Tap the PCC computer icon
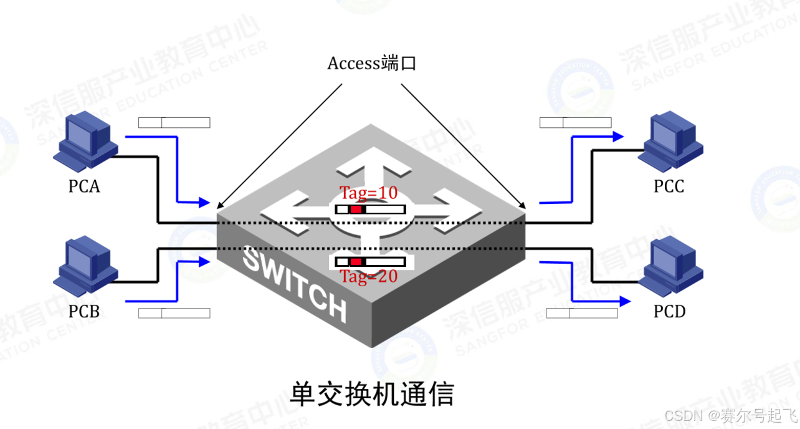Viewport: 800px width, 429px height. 669,142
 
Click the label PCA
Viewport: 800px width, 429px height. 84,186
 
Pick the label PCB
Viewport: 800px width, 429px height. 84,311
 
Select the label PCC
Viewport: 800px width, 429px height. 669,186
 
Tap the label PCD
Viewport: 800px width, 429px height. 670,311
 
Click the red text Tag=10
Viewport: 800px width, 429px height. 368,193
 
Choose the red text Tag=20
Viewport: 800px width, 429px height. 368,277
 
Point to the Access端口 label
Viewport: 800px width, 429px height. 371,64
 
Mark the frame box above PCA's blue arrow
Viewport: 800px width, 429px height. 174,122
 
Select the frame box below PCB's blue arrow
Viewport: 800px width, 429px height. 174,313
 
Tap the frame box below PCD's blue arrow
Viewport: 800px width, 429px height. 582,313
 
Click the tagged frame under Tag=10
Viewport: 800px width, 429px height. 370,210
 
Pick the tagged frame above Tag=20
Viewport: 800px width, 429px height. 370,261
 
